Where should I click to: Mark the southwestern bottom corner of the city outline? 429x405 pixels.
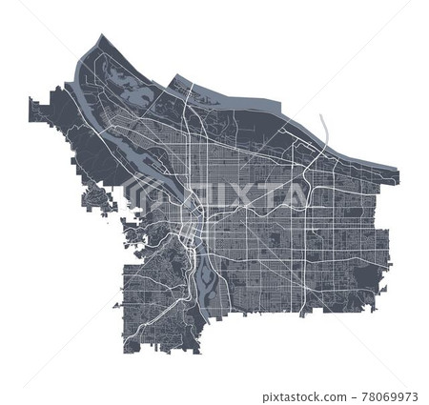coord(126,348)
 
